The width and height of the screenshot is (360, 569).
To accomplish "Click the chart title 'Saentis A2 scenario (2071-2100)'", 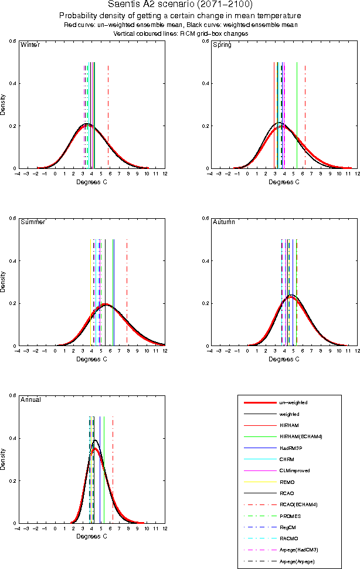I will pyautogui.click(x=180, y=5).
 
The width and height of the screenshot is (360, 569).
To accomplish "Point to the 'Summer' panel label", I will pyautogui.click(x=32, y=222).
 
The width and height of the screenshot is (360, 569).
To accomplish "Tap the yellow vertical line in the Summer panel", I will pyautogui.click(x=90, y=282).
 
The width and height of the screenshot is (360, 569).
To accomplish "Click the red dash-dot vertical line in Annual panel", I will pyautogui.click(x=113, y=458).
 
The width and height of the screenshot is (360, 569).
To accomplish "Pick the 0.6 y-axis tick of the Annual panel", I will pyautogui.click(x=11, y=395).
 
